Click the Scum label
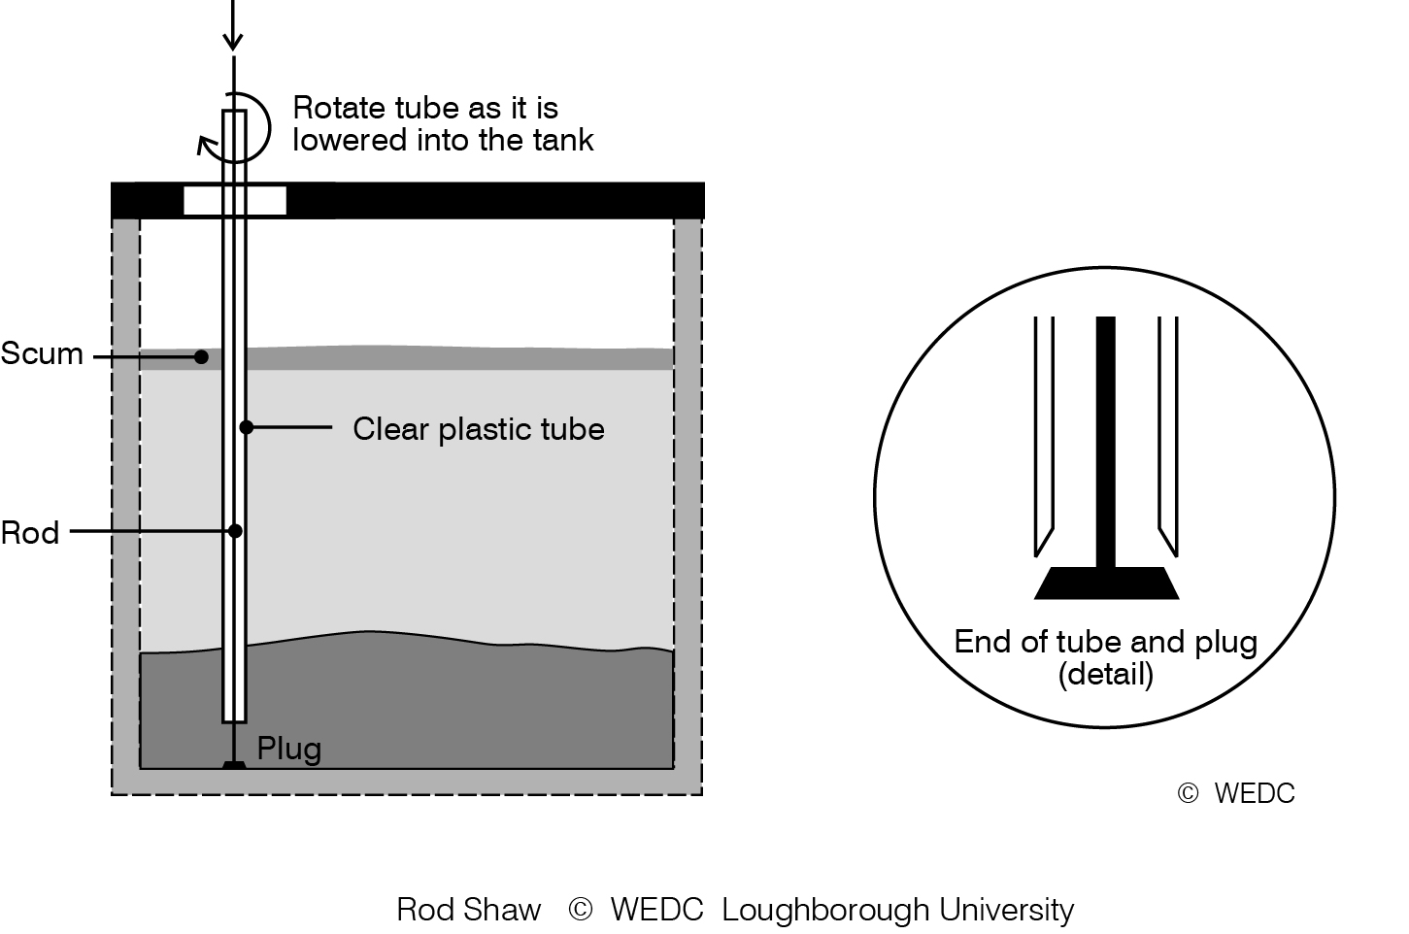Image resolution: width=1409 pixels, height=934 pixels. [x=42, y=353]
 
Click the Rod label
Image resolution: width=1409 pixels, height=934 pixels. [x=30, y=533]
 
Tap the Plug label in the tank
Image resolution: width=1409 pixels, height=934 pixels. [x=288, y=749]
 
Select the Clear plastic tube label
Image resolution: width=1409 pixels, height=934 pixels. [x=478, y=429]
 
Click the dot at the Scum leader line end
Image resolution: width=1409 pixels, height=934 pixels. [x=201, y=357]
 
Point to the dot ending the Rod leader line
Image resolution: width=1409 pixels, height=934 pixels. [x=234, y=531]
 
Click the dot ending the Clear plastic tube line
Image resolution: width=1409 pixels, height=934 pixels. [x=247, y=427]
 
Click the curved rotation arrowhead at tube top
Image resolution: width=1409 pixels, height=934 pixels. [x=206, y=145]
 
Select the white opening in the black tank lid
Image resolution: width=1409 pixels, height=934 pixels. [x=235, y=201]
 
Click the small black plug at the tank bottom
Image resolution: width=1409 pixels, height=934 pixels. [x=234, y=765]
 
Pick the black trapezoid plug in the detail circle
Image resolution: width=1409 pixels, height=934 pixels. [x=1106, y=583]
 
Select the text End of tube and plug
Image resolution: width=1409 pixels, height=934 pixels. [x=1105, y=642]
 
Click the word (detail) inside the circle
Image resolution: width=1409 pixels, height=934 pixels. [x=1105, y=674]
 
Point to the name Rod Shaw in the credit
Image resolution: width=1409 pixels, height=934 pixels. [x=468, y=910]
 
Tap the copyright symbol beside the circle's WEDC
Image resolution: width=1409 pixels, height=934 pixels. [x=1188, y=794]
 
